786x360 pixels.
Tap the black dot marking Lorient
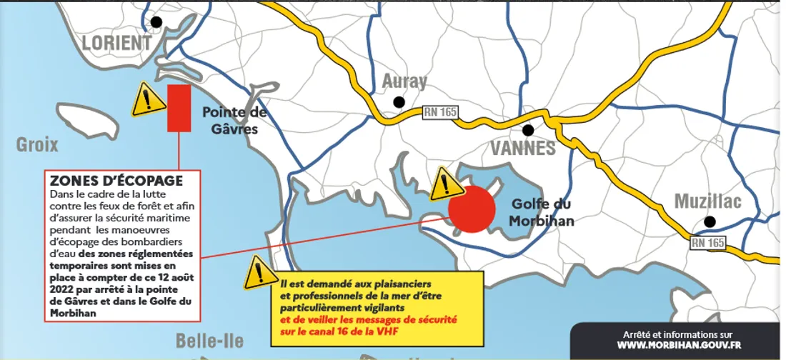[x=156, y=22]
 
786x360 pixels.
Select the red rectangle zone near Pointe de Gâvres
[x=179, y=108]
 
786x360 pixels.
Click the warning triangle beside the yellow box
[x=260, y=274]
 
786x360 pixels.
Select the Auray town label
[x=404, y=81]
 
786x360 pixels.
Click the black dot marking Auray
[x=399, y=102]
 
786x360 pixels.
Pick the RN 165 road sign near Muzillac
[x=707, y=243]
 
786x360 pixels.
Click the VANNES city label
[x=523, y=149]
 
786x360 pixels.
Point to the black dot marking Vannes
[x=528, y=130]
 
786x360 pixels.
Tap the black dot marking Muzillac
[x=709, y=221]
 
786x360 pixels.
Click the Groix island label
[x=37, y=146]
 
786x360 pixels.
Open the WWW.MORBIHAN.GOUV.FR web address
[x=677, y=346]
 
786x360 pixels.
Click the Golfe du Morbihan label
[x=542, y=212]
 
